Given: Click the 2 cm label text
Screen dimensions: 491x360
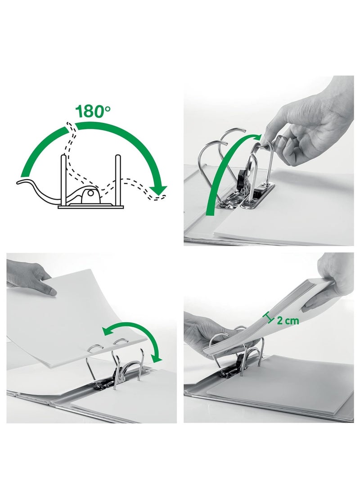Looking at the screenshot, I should (288, 320).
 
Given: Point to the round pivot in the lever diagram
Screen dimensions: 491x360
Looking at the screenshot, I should (92, 194).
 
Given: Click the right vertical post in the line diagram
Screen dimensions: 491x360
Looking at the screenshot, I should (118, 179).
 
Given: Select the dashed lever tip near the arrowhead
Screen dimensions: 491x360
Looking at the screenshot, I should (160, 196).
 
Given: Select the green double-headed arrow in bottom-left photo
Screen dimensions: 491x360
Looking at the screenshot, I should (135, 338).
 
